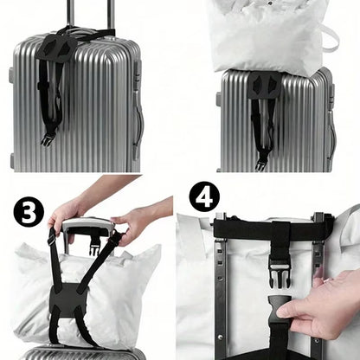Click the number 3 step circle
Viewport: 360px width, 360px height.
tap(29, 212)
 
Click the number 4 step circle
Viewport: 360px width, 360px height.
tap(205, 197)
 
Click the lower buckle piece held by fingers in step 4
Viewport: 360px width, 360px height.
tap(278, 309)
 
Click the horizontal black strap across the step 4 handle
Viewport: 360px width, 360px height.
tap(260, 229)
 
